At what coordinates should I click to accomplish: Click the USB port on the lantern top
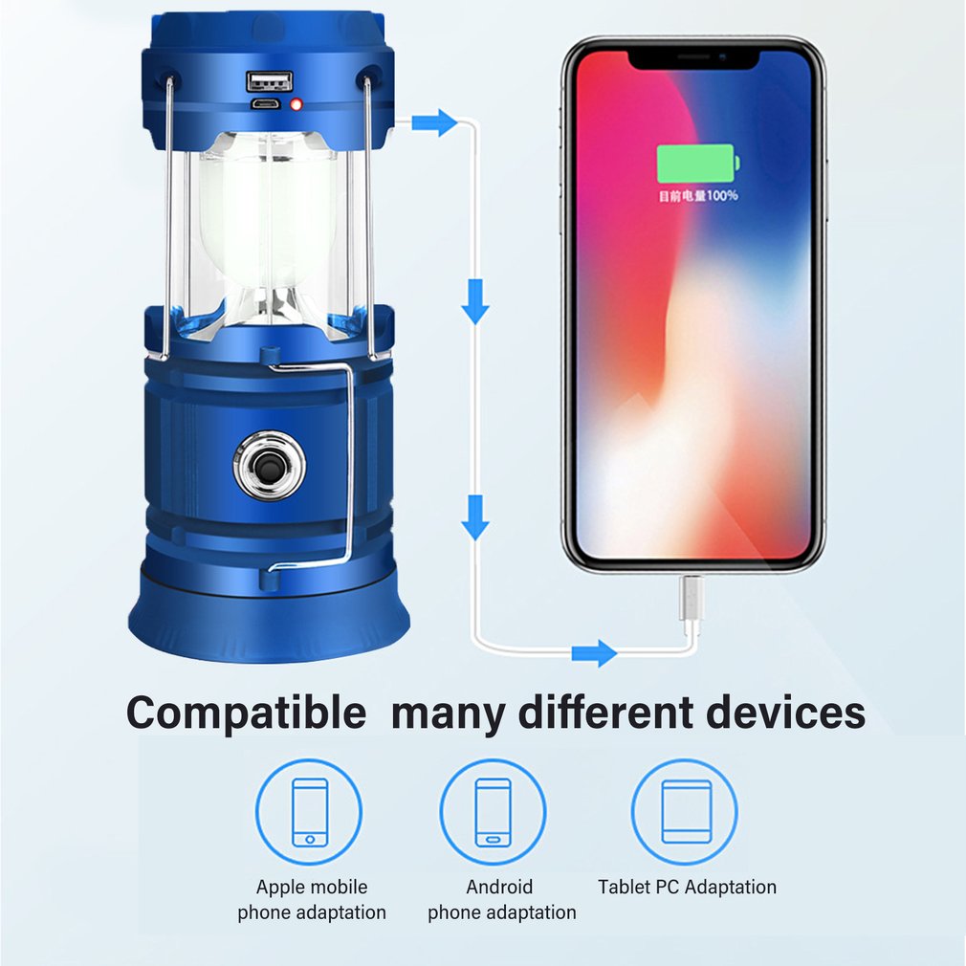[269, 81]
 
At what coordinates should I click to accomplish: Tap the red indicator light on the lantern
[296, 105]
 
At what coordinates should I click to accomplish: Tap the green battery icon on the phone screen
[698, 164]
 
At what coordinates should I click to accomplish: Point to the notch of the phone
[693, 59]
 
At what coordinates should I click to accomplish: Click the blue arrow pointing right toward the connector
[594, 653]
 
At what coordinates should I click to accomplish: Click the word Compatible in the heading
[247, 713]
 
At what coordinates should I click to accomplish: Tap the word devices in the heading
[785, 713]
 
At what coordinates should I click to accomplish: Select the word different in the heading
[606, 713]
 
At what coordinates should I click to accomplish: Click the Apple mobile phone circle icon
[309, 812]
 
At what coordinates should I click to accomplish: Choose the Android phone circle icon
[493, 812]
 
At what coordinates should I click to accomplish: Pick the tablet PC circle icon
[685, 812]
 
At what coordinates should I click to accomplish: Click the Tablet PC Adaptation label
[687, 888]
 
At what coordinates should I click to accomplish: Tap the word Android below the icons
[499, 888]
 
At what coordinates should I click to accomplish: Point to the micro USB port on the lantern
[265, 103]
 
